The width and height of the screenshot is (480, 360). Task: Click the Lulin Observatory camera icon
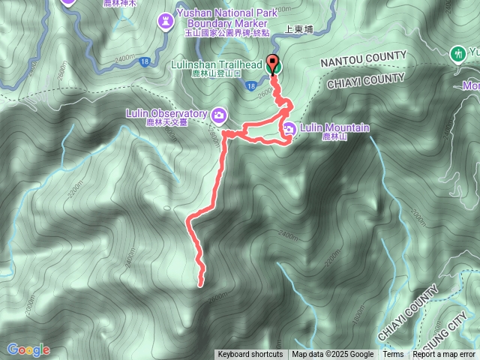point(219,115)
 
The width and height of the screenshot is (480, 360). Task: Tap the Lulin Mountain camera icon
point(289,130)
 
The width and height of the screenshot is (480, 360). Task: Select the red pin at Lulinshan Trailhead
point(272,64)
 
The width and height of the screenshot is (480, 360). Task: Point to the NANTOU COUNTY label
point(363,57)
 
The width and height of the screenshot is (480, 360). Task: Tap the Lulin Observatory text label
point(166,113)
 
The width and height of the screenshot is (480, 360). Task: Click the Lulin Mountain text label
point(334,127)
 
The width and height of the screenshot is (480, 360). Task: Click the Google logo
point(28,349)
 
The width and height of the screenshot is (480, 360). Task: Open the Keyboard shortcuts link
point(250,355)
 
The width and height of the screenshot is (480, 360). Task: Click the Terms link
point(393,355)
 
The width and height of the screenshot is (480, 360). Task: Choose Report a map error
point(444,355)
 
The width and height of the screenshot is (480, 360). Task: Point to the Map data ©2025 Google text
point(333,355)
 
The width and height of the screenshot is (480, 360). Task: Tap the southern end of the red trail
point(200,284)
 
